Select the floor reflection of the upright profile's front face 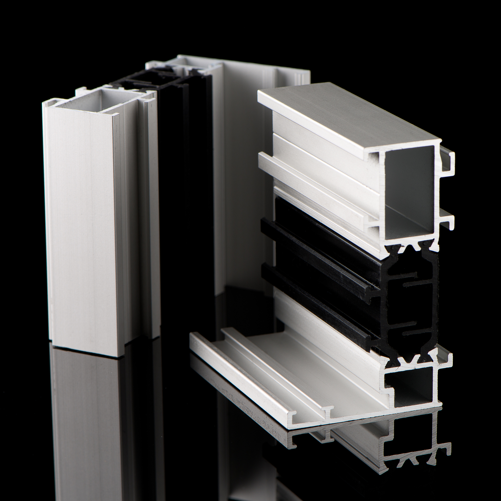(x=86, y=428)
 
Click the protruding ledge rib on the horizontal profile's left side (x=311, y=179)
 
